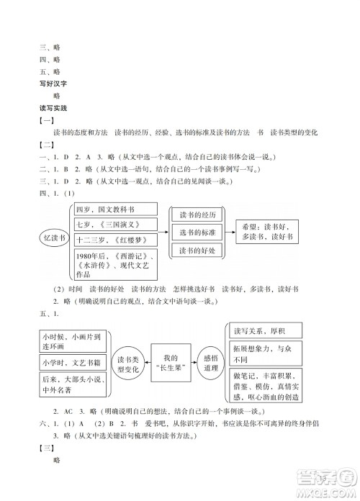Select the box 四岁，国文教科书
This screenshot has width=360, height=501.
click(x=115, y=209)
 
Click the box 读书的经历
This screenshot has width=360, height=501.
click(x=197, y=214)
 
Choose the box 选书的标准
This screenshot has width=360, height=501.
click(x=197, y=232)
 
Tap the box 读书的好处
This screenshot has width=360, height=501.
click(x=197, y=250)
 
